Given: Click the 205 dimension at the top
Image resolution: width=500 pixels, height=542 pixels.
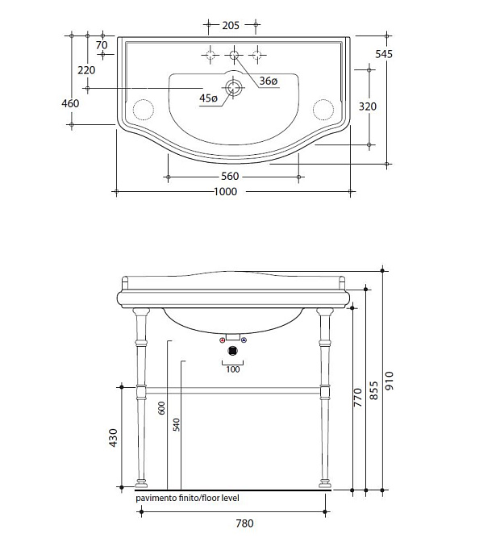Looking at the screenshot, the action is (231, 25).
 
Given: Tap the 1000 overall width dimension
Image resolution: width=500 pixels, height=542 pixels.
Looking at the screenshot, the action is (226, 191).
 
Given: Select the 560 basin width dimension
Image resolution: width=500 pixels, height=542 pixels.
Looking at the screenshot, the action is (230, 177).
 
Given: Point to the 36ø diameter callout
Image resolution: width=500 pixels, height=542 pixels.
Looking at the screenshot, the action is (269, 81).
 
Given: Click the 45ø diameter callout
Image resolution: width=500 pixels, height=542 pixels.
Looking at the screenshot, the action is (208, 98).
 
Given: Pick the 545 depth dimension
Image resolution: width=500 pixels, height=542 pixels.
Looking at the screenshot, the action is (384, 54).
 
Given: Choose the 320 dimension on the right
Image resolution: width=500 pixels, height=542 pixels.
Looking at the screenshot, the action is (367, 106).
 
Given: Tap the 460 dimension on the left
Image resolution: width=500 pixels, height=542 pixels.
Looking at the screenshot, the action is (70, 103).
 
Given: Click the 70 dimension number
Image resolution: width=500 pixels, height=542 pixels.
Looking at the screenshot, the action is (102, 45).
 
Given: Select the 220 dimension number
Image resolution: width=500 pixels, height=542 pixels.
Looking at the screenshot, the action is (86, 70).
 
